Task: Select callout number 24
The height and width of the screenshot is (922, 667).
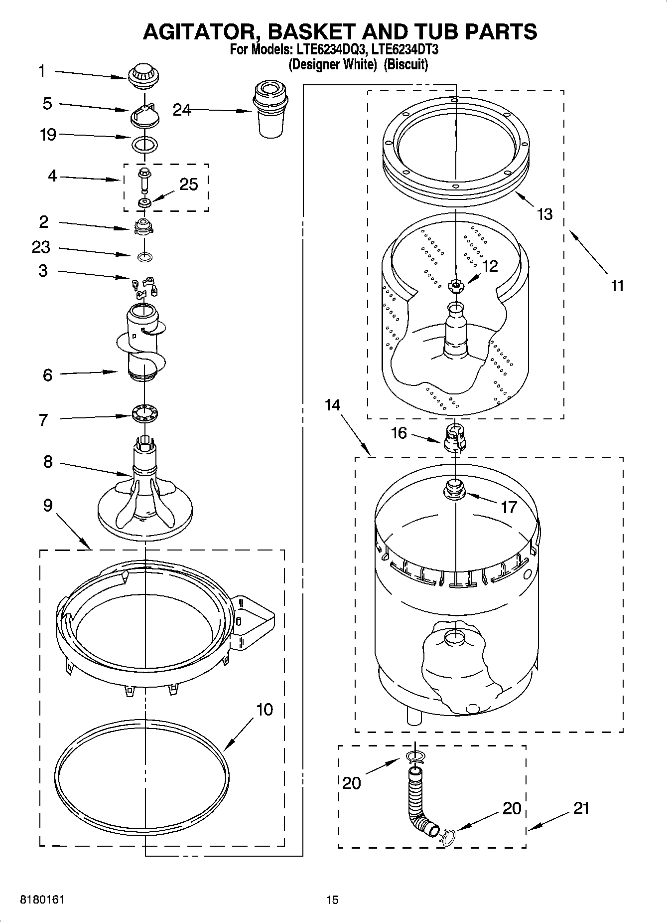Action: coord(182,110)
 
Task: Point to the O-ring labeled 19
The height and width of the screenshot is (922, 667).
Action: coord(145,145)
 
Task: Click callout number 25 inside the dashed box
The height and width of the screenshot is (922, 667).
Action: coord(189,184)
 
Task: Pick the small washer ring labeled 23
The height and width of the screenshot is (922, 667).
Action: coord(144,257)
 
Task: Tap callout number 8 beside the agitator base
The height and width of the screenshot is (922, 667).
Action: coord(47,462)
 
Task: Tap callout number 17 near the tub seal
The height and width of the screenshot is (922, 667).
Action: coord(509,507)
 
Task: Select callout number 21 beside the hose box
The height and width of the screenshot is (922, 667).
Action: coord(581,808)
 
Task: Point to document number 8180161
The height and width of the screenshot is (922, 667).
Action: coord(41,900)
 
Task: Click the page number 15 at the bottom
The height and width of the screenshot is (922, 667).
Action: coord(332,900)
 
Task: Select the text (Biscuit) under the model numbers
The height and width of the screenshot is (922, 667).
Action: coord(405,65)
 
